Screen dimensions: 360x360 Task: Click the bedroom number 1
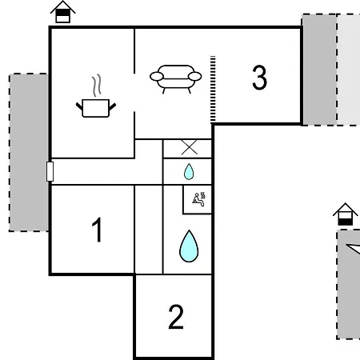point(97,230)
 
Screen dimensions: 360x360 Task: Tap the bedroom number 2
point(176,317)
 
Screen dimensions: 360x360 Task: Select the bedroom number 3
point(259,78)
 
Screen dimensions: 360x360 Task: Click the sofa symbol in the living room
point(175,79)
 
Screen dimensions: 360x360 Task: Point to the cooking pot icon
point(96,108)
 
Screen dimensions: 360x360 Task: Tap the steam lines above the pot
point(97,86)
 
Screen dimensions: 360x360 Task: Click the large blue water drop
point(189,246)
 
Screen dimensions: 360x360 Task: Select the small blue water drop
point(189,171)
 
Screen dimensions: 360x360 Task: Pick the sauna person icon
point(199,199)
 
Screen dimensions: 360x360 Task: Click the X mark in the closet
point(190,147)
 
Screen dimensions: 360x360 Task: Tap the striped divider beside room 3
point(213,90)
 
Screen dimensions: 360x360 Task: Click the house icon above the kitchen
point(62,12)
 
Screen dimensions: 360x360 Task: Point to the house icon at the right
point(346,214)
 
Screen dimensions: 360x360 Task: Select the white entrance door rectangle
point(50,171)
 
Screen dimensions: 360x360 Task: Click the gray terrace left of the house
point(29,152)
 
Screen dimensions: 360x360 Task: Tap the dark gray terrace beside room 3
point(320,70)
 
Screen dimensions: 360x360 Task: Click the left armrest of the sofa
point(157,77)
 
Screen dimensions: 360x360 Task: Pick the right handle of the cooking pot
point(112,107)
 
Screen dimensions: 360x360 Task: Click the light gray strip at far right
point(349,70)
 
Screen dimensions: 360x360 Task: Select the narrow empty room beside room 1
point(149,230)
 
